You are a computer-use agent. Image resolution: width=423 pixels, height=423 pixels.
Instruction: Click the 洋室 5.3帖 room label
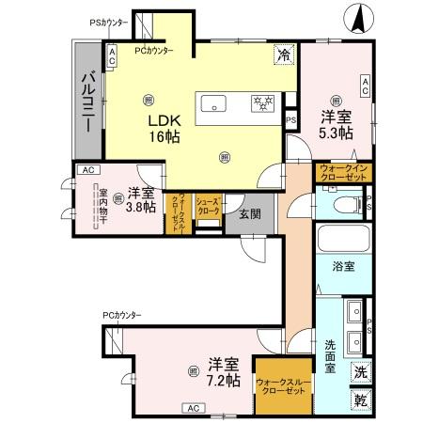(x=336, y=125)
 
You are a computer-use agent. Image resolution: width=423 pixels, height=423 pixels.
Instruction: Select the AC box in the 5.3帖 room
(x=366, y=86)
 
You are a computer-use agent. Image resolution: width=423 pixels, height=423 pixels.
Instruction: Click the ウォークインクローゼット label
(x=343, y=173)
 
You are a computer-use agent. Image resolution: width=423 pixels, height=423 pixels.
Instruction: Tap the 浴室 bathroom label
(x=342, y=267)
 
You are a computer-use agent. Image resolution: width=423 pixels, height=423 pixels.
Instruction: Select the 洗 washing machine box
(x=361, y=371)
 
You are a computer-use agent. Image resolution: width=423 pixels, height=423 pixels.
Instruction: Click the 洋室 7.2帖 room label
(x=224, y=371)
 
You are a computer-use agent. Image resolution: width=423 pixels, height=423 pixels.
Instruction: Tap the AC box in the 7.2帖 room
(x=193, y=409)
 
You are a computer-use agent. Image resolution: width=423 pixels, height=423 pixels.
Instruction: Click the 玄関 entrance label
(x=237, y=213)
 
